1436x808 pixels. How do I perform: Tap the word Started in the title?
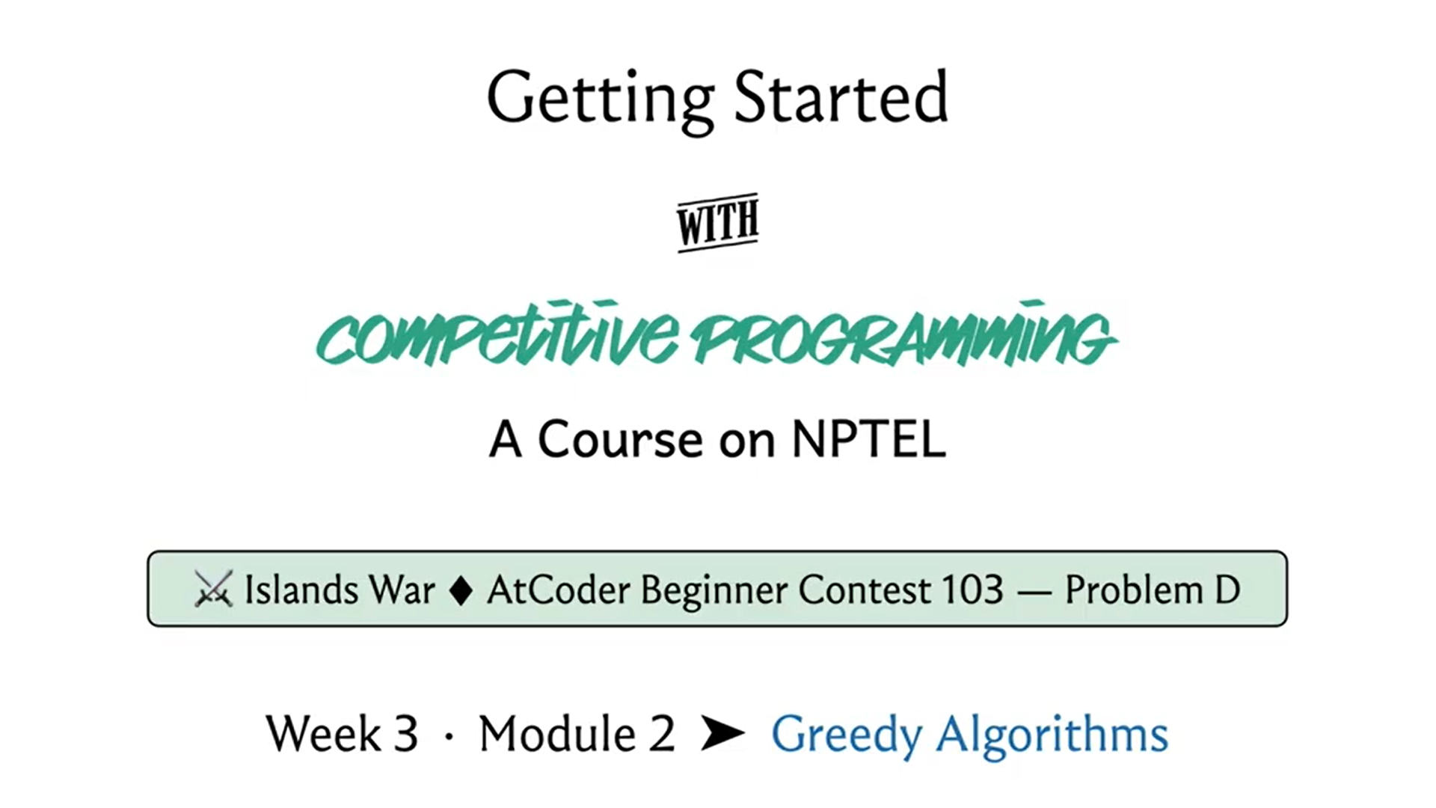(x=841, y=97)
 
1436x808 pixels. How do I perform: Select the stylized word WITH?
(x=718, y=222)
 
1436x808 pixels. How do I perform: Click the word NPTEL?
(x=868, y=439)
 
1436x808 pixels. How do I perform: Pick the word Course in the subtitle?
(x=620, y=439)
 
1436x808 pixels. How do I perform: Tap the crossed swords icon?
(x=213, y=589)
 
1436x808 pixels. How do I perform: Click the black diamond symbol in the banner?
(x=461, y=590)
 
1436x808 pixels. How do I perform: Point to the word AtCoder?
(x=559, y=590)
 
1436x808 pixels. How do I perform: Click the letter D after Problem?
(x=1227, y=590)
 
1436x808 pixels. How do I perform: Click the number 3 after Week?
(x=405, y=734)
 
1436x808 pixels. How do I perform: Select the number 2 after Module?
(x=662, y=734)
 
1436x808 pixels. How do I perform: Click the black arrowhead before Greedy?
(x=722, y=733)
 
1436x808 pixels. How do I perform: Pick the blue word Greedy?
(x=846, y=735)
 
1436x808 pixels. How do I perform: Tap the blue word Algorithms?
(x=1052, y=735)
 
